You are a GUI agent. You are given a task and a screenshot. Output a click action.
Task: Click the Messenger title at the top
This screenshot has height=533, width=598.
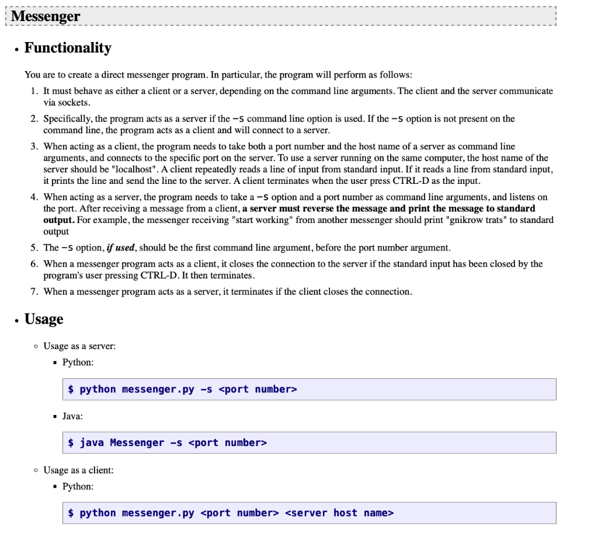pyautogui.click(x=46, y=16)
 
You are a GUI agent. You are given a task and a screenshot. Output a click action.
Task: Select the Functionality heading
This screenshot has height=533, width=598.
pyautogui.click(x=68, y=48)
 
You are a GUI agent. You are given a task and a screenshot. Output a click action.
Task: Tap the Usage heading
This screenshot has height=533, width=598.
pyautogui.click(x=44, y=319)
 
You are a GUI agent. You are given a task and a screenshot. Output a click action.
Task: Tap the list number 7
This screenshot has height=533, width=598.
pyautogui.click(x=34, y=291)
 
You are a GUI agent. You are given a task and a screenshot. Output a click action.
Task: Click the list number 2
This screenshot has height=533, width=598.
pyautogui.click(x=34, y=119)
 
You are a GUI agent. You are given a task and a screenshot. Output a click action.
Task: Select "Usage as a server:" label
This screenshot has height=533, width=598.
pyautogui.click(x=79, y=346)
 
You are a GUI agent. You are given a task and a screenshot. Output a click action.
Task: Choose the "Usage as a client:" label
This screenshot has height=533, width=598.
pyautogui.click(x=79, y=470)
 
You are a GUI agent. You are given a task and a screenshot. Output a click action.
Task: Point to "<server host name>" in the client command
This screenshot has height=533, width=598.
pyautogui.click(x=339, y=513)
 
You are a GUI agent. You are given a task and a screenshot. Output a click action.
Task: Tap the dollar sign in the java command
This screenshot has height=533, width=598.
pyautogui.click(x=71, y=443)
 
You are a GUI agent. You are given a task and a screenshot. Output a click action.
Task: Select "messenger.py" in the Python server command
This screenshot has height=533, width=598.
pyautogui.click(x=158, y=389)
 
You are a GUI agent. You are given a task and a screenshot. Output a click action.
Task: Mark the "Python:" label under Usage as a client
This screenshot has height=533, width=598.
pyautogui.click(x=78, y=486)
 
